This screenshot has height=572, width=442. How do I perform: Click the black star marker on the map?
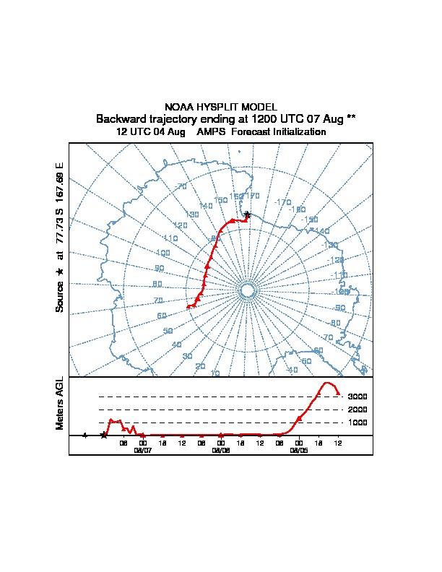pyautogui.click(x=247, y=214)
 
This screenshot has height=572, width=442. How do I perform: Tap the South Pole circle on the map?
pyautogui.click(x=246, y=290)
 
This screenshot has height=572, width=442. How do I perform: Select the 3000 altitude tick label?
pyautogui.click(x=357, y=396)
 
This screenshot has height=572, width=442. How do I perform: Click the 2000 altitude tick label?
pyautogui.click(x=357, y=409)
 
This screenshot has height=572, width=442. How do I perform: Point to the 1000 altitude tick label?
pyautogui.click(x=357, y=422)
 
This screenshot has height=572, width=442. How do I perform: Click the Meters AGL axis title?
pyautogui.click(x=60, y=403)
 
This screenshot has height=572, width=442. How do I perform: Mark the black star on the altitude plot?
pyautogui.click(x=104, y=435)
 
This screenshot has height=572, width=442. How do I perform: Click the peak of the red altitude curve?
pyautogui.click(x=327, y=383)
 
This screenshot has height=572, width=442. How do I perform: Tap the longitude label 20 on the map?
pyautogui.click(x=201, y=366)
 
